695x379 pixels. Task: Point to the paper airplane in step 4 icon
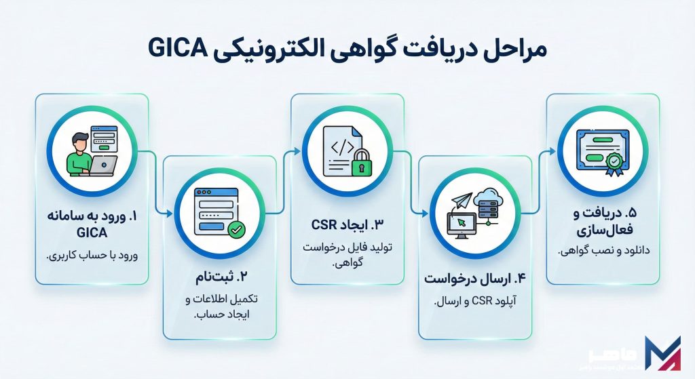463,201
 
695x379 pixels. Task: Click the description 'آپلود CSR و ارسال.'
474,302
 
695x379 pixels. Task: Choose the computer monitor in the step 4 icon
459,223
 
